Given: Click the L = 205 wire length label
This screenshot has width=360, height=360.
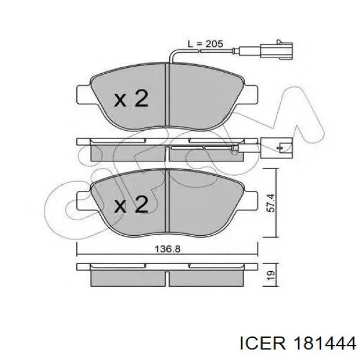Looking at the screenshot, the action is pyautogui.click(x=205, y=44).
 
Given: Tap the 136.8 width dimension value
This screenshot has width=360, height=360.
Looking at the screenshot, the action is pyautogui.click(x=167, y=249).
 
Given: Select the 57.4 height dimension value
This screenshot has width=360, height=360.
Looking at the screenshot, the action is pyautogui.click(x=271, y=203).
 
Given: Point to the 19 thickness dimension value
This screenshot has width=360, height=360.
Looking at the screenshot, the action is pyautogui.click(x=271, y=275).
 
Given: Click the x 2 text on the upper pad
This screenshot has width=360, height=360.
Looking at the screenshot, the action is pyautogui.click(x=131, y=98).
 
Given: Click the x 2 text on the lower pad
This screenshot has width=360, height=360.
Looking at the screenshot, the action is pyautogui.click(x=131, y=204).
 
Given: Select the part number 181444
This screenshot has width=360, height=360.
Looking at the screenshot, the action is pyautogui.click(x=325, y=344).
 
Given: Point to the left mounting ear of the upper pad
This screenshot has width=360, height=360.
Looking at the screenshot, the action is pyautogui.click(x=84, y=94).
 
